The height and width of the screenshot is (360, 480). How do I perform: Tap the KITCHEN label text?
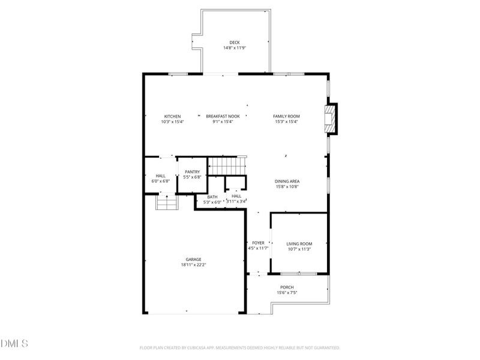coord(172,116)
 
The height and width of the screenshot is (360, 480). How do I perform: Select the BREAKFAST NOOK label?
coord(223,116)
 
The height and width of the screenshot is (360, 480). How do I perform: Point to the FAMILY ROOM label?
coord(286,116)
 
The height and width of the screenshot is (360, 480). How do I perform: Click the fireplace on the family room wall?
coord(330,119)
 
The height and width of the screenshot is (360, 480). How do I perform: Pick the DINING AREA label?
coord(287,181)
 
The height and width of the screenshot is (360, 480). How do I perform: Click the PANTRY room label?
coord(192,172)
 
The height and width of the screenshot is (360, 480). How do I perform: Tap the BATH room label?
coord(212,197)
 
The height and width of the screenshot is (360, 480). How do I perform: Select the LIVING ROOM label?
coord(299,244)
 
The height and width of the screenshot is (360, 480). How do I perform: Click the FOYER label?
coord(258,243)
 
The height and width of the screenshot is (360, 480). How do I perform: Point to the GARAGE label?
coord(193,259)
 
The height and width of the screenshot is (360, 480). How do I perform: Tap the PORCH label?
coord(287,287)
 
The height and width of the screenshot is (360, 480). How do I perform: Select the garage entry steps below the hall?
coord(167,203)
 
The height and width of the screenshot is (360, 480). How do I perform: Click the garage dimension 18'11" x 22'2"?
coord(193,265)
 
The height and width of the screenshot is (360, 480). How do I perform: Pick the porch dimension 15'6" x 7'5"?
coord(287,293)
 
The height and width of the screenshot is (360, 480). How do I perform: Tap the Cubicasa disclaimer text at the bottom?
coord(240,347)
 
